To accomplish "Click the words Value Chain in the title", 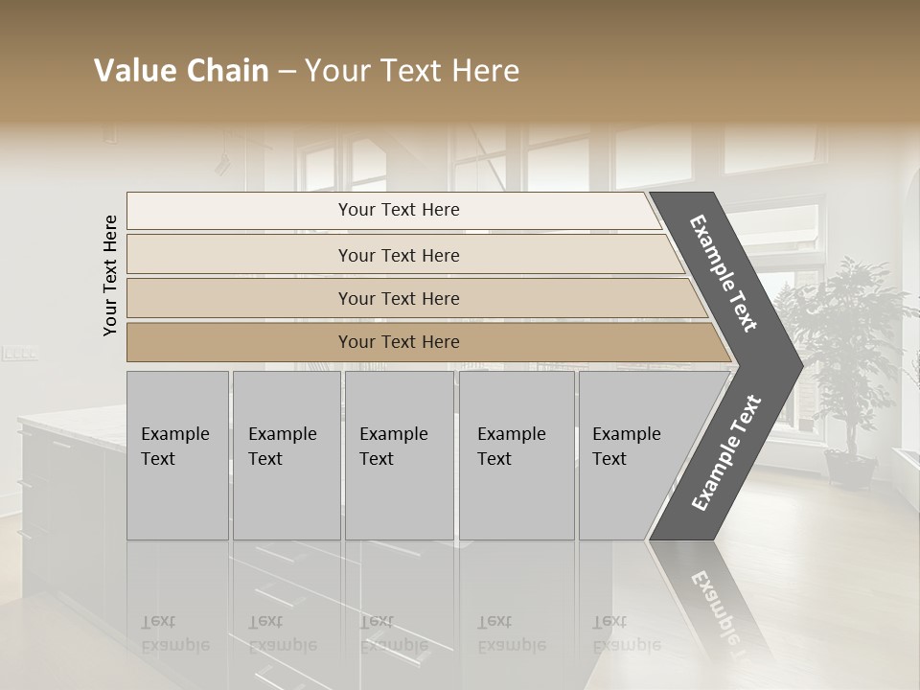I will tap(181, 71).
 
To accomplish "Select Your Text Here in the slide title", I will tap(412, 71).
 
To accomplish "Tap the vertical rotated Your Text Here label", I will tap(111, 276).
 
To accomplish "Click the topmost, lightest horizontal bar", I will tap(399, 210).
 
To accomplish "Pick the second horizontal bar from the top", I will tap(399, 255).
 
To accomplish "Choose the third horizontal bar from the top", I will tap(399, 298).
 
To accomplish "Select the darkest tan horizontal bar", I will tap(399, 342).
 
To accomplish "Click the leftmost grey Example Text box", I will tap(177, 454).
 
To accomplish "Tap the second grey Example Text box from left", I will tap(286, 454).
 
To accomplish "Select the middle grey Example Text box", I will tap(399, 454).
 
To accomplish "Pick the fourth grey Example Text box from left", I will tap(516, 454).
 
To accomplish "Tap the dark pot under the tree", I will tap(849, 470).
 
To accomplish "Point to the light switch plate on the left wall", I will tap(19, 354).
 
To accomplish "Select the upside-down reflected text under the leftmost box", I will tap(175, 634).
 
